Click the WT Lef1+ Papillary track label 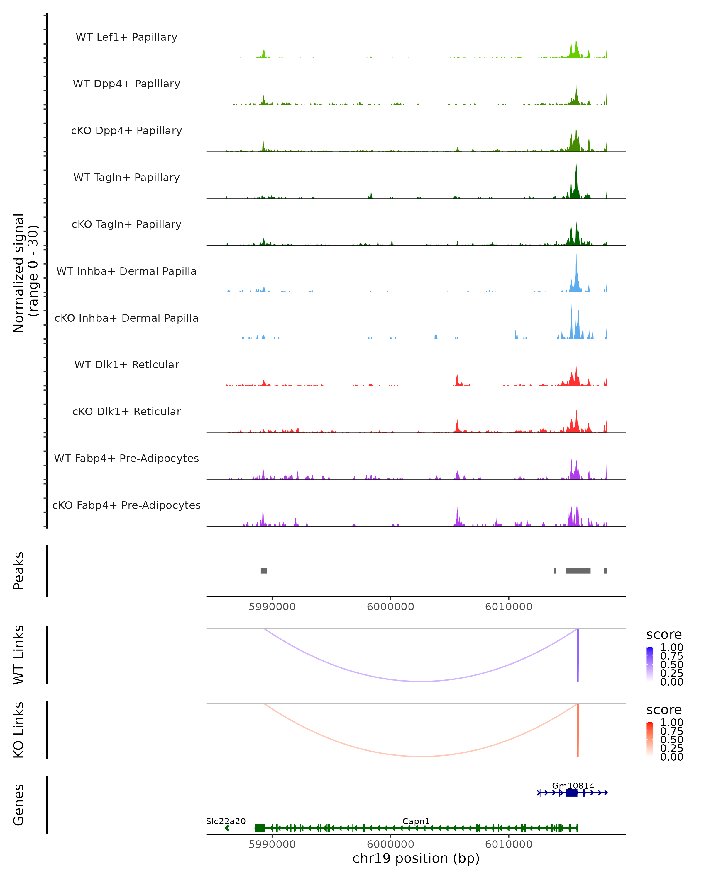pos(126,37)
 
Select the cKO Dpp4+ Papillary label pos(126,131)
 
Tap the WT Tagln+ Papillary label pos(126,178)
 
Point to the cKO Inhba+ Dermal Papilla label pos(126,318)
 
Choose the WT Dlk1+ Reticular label pos(126,365)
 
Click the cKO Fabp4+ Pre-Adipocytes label pos(126,505)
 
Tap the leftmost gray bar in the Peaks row pos(264,571)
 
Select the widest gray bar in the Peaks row pos(578,571)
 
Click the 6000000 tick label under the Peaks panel pos(390,607)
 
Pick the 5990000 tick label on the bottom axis pos(272,844)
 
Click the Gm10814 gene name pos(573,786)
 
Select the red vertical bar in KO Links pos(578,730)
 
